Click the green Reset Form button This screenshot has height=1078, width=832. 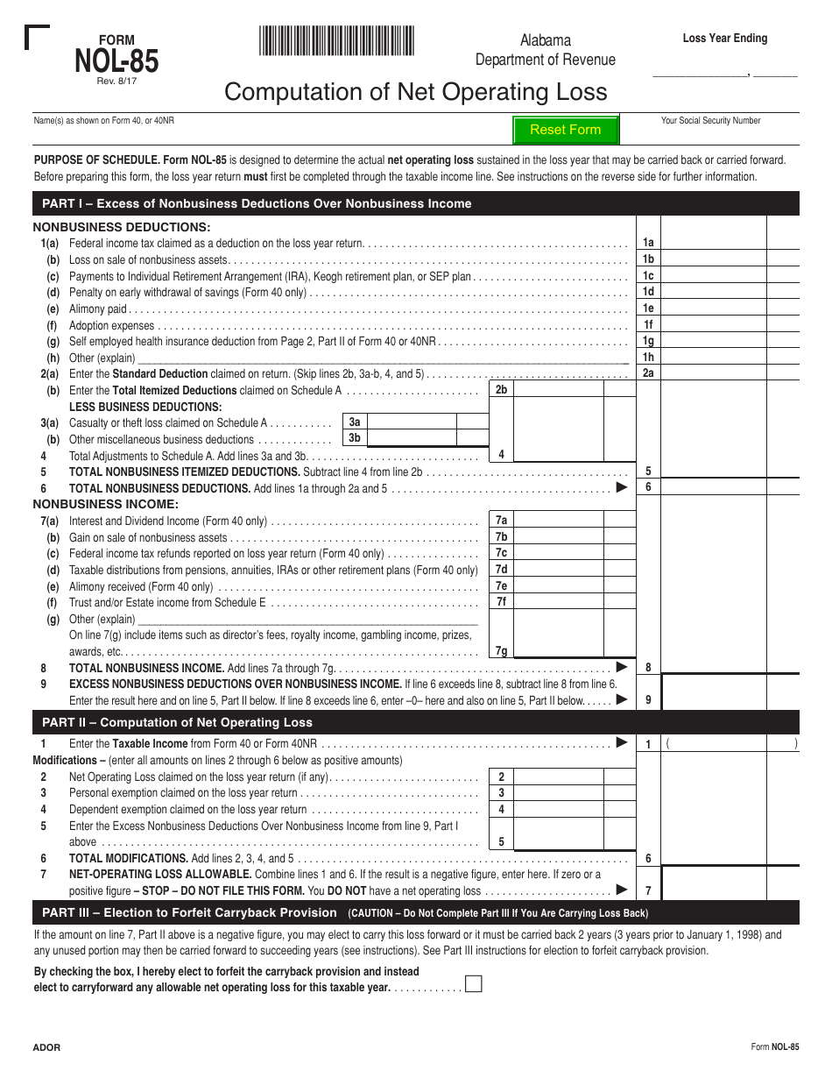(x=566, y=130)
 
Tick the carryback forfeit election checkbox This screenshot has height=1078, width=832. (x=473, y=983)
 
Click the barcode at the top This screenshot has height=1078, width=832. (x=336, y=41)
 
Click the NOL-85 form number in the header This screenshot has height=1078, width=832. (x=116, y=61)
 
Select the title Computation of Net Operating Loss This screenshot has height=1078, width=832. (x=415, y=92)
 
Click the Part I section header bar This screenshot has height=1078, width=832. (x=415, y=203)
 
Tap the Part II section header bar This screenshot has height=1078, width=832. (x=415, y=722)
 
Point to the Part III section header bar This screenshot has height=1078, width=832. (x=415, y=912)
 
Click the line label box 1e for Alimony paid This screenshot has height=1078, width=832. (x=648, y=308)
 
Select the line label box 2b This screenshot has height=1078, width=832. (x=501, y=390)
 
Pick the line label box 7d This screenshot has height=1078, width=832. (x=501, y=569)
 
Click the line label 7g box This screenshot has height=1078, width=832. (x=501, y=650)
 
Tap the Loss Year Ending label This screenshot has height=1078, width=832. (x=725, y=39)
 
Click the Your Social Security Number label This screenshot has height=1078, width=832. (x=710, y=121)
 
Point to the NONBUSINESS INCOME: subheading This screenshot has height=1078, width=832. (x=106, y=504)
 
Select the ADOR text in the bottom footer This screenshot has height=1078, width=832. (x=46, y=1047)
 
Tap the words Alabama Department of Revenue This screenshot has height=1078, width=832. (x=545, y=50)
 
